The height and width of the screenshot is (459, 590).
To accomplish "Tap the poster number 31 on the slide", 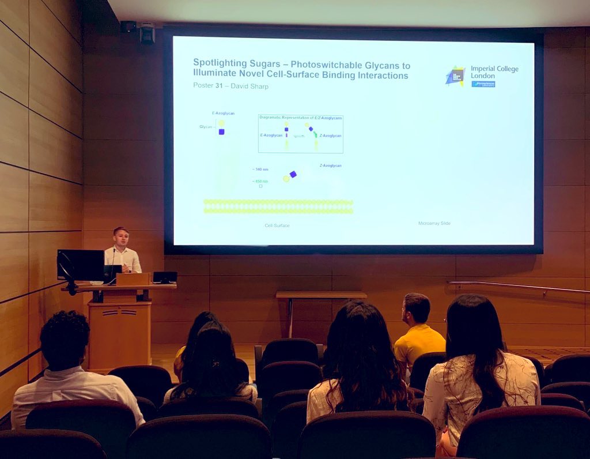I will [x=221, y=86].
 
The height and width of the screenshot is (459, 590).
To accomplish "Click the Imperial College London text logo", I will [x=494, y=73].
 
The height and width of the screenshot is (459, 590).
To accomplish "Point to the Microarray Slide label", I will [x=434, y=223].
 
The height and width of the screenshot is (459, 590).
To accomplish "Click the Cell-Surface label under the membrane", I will [x=277, y=225].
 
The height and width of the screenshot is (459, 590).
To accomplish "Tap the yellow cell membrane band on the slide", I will [x=278, y=206].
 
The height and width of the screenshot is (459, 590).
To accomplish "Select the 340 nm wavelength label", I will [x=260, y=169].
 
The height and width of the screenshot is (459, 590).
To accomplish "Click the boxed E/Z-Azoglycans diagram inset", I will [x=300, y=134].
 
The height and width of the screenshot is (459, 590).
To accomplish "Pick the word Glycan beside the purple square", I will [x=206, y=126].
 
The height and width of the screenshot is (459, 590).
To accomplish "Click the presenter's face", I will [x=121, y=237].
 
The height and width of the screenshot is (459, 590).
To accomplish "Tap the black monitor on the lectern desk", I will [x=81, y=265].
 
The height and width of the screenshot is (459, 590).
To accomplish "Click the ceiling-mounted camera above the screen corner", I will [x=147, y=33].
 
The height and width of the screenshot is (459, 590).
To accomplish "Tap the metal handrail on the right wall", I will [x=519, y=287].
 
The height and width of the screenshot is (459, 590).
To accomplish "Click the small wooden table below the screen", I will [x=321, y=295].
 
